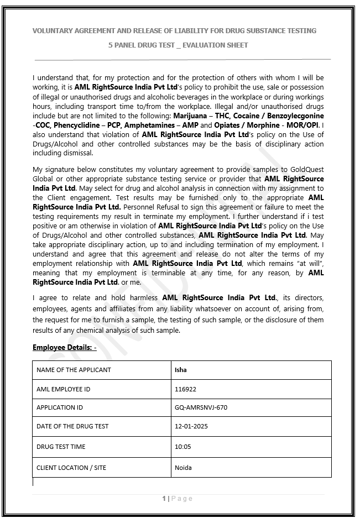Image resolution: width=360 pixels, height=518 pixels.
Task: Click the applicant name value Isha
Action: point(180,370)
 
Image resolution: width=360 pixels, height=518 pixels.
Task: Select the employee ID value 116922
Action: point(185,389)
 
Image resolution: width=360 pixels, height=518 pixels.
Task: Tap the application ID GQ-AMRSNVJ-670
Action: point(201,407)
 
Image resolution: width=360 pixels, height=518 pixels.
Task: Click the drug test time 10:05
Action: point(182,447)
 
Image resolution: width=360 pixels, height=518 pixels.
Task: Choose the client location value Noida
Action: point(183,468)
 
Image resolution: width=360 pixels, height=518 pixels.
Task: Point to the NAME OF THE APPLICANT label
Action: point(74,370)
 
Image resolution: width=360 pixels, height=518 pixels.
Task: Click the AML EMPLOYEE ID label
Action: point(63,389)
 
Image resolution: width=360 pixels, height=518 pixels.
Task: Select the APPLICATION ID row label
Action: point(60,407)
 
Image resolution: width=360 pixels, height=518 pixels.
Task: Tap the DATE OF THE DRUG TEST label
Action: point(72,426)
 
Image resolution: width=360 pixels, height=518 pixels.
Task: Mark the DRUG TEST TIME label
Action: point(61,447)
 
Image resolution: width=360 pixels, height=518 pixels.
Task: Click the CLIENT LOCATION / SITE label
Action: point(71,468)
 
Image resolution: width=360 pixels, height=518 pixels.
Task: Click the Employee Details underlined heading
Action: point(64,348)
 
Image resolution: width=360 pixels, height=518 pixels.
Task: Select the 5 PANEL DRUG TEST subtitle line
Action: point(178,45)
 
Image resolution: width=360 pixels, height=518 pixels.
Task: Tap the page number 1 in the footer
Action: point(164,499)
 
